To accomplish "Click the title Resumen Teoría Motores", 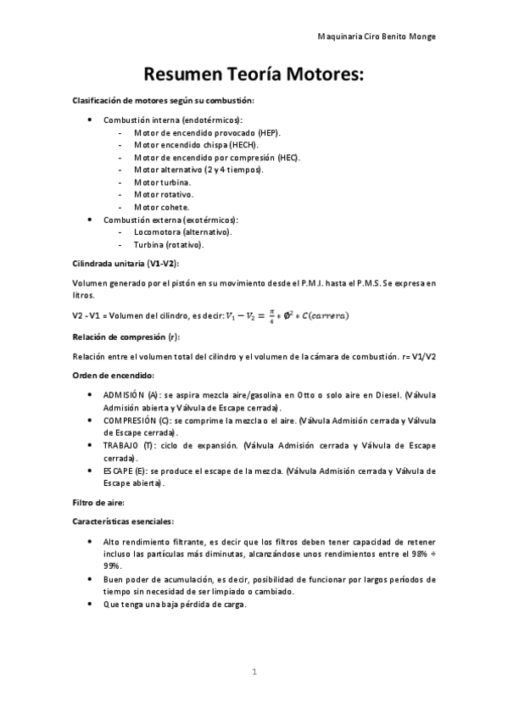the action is (x=254, y=75).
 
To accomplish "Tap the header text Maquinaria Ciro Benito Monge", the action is (x=376, y=37).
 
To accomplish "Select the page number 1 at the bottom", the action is (x=254, y=672).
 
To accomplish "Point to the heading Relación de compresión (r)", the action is (x=126, y=337).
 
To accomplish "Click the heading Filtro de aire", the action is (x=98, y=502).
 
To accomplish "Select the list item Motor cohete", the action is (x=162, y=206).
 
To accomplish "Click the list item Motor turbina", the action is (x=163, y=182).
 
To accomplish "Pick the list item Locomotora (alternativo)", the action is (x=183, y=231).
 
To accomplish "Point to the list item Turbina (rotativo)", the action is (x=170, y=244).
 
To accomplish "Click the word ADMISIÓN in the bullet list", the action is (x=124, y=394).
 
